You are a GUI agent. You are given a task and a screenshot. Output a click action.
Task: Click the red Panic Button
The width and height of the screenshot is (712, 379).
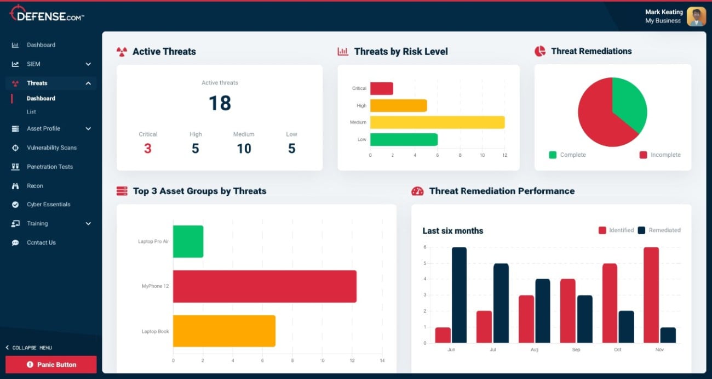[x=51, y=365]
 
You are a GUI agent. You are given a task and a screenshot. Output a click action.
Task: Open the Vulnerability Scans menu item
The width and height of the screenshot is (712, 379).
[x=51, y=148]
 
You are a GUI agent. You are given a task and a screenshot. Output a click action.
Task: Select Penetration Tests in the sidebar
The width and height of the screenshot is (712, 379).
[x=49, y=167]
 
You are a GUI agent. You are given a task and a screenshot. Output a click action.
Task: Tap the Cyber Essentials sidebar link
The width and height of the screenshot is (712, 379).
[x=48, y=205]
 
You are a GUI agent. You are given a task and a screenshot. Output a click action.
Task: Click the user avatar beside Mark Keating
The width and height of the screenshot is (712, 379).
[x=696, y=16]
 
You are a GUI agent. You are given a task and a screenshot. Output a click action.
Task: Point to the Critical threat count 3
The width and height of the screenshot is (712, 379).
[x=148, y=148]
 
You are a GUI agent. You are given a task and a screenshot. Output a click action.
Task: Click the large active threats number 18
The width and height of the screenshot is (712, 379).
[x=220, y=103]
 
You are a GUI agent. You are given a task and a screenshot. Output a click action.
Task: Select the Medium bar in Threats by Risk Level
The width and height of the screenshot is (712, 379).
[x=437, y=122]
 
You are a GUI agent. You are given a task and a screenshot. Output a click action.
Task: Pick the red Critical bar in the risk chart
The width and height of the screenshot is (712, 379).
[x=382, y=88]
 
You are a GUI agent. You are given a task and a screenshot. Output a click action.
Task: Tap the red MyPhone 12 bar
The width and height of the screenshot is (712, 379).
[x=265, y=286]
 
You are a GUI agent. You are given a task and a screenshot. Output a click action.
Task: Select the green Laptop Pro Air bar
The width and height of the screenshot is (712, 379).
[x=188, y=241]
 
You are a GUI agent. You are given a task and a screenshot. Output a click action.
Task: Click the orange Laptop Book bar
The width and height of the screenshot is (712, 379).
[x=224, y=331]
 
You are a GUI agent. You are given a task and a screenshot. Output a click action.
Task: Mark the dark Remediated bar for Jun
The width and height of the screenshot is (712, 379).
[x=460, y=295]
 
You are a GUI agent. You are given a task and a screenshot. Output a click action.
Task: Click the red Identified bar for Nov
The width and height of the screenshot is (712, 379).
[x=651, y=295]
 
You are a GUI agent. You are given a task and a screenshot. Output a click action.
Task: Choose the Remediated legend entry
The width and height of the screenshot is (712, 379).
[x=659, y=230]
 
